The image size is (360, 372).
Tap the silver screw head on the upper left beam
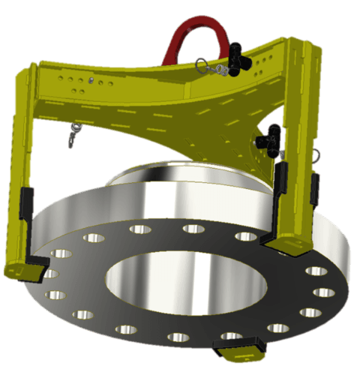(91, 81)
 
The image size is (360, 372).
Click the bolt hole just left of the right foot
(246, 237)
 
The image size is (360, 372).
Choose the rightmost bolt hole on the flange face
(324, 292)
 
